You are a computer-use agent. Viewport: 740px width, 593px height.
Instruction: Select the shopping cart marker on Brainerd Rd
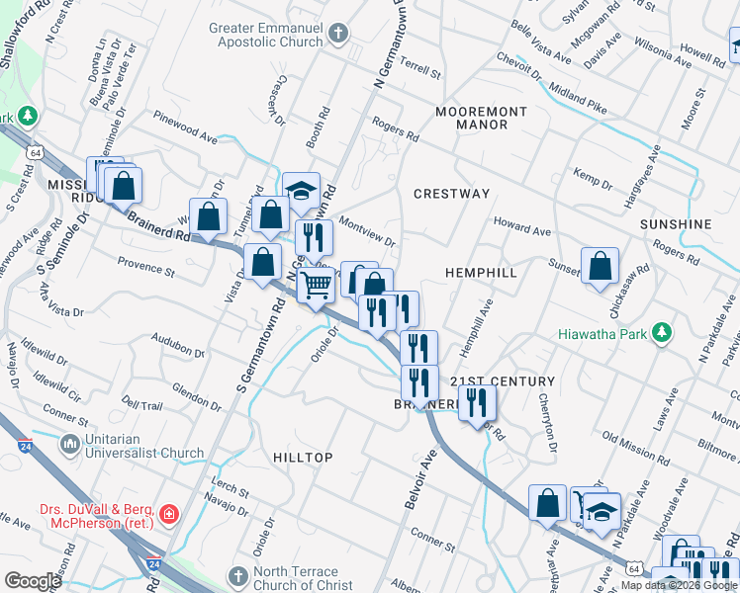point(317,287)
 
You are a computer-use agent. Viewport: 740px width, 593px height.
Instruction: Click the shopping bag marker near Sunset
point(600,267)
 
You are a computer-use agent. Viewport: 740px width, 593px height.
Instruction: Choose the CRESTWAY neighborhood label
point(451,194)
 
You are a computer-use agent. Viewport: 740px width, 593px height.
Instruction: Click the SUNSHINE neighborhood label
point(676,224)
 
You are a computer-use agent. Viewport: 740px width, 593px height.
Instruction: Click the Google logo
point(33,581)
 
